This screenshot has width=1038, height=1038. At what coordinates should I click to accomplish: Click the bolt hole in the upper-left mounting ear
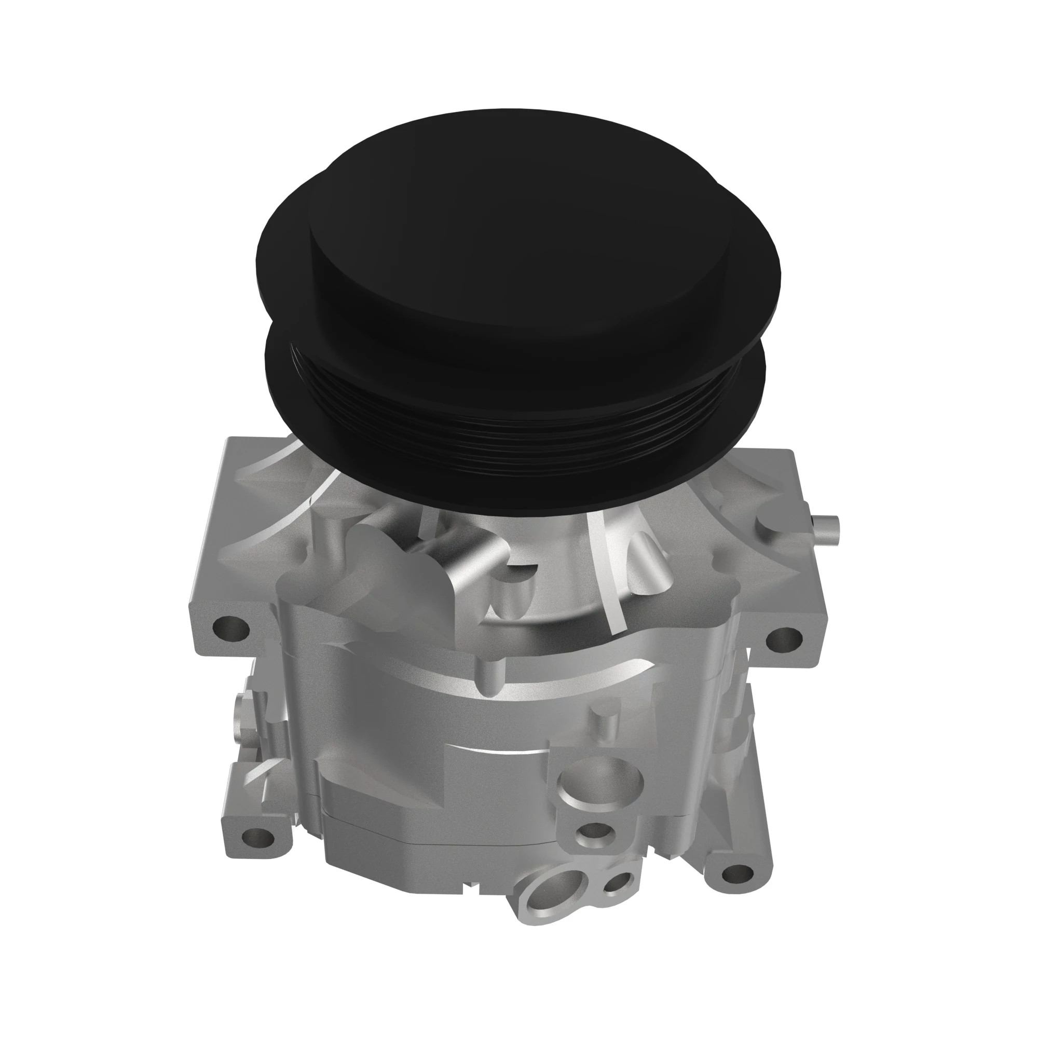(231, 626)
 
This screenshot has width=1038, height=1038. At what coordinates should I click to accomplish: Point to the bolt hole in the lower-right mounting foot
(736, 871)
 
